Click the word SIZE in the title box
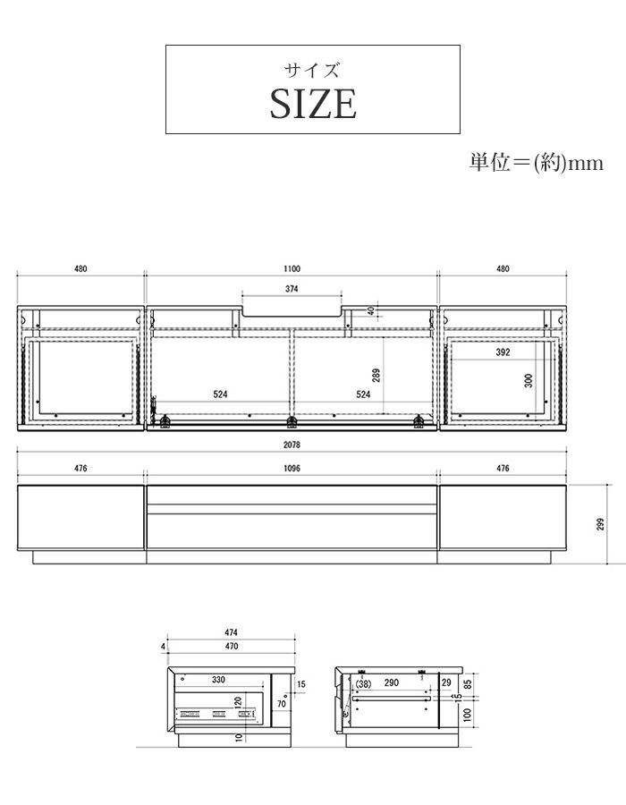tap(313, 105)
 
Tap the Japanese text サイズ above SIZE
tap(313, 71)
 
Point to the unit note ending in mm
tap(536, 163)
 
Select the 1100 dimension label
tap(292, 268)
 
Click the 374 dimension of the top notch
tap(292, 289)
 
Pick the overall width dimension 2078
tap(292, 445)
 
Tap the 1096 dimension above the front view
tap(292, 467)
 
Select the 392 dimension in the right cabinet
tap(503, 352)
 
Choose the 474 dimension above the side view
tap(231, 632)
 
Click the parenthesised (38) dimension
tap(362, 682)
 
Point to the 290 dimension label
tap(391, 682)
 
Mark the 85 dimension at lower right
tap(467, 683)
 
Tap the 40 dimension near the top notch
tap(371, 311)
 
